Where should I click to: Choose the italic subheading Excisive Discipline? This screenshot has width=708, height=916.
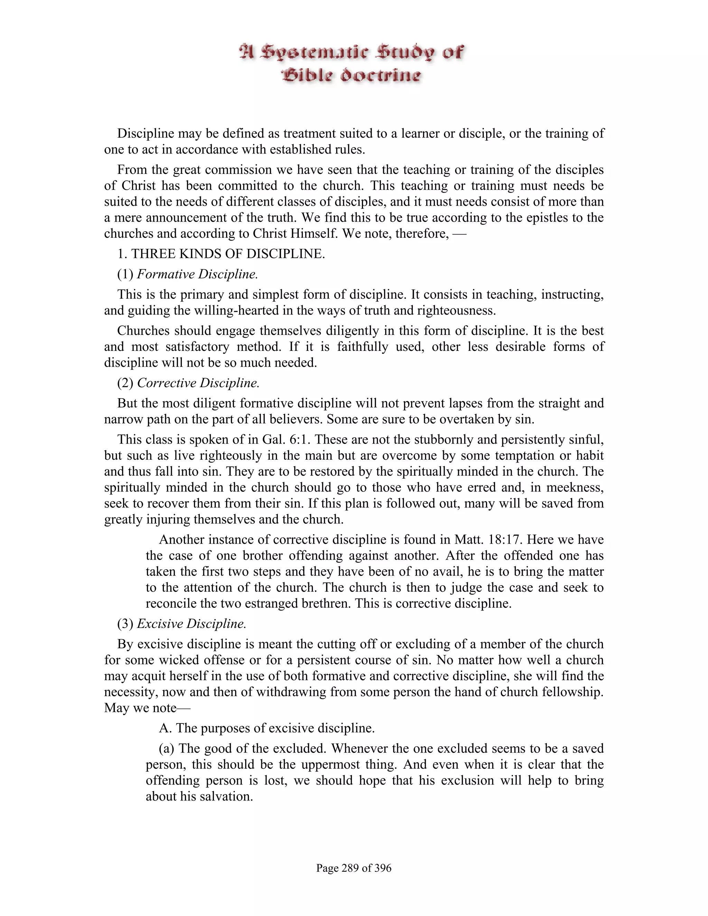coord(191,624)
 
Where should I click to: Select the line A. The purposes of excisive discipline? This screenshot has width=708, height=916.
coord(267,728)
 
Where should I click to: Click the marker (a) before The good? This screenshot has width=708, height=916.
coord(167,749)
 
